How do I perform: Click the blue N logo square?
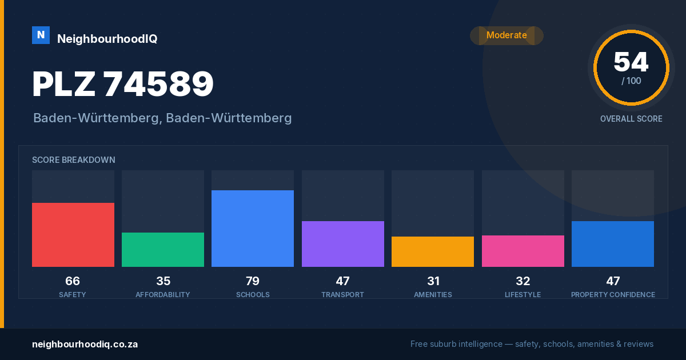41,35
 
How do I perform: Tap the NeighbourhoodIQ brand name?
107,39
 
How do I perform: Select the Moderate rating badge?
506,35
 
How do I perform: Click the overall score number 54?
631,62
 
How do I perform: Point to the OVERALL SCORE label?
631,119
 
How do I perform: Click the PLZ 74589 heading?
123,84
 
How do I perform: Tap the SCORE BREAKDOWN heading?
74,160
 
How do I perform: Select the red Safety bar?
73,235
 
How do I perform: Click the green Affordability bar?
163,250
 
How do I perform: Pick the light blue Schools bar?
253,229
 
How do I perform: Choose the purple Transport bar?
342,244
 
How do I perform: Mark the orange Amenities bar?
433,251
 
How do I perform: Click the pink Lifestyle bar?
523,251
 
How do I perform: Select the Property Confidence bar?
613,244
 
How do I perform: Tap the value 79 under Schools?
253,281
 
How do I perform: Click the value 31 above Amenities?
433,281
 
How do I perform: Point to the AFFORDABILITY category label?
163,295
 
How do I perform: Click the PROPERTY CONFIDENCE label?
613,295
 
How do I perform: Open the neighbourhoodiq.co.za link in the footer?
85,345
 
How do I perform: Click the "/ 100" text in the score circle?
631,81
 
